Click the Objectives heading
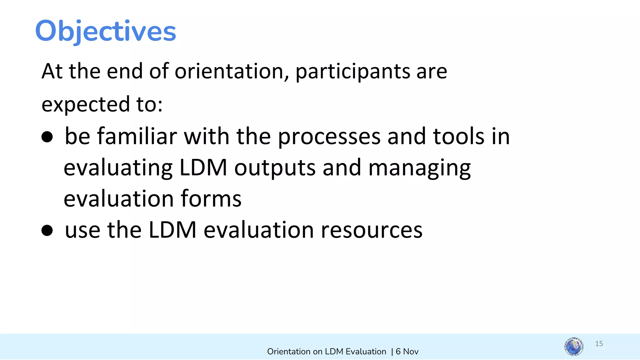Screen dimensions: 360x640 [x=106, y=31]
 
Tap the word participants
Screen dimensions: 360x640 [x=352, y=72]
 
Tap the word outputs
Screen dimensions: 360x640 [x=275, y=168]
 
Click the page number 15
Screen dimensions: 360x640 [x=599, y=344]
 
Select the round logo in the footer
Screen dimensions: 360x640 [x=574, y=347]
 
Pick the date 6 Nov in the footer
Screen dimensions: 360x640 [x=407, y=352]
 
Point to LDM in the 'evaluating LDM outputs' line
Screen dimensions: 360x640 [x=203, y=168]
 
